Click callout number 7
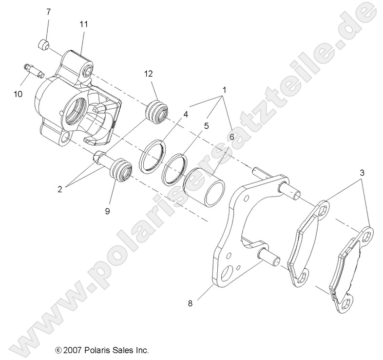[x=48, y=12]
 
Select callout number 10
[x=18, y=94]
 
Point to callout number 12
[x=148, y=74]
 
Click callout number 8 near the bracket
[x=190, y=303]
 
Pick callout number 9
[x=107, y=211]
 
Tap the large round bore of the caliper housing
[x=76, y=104]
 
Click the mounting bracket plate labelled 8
[x=229, y=244]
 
